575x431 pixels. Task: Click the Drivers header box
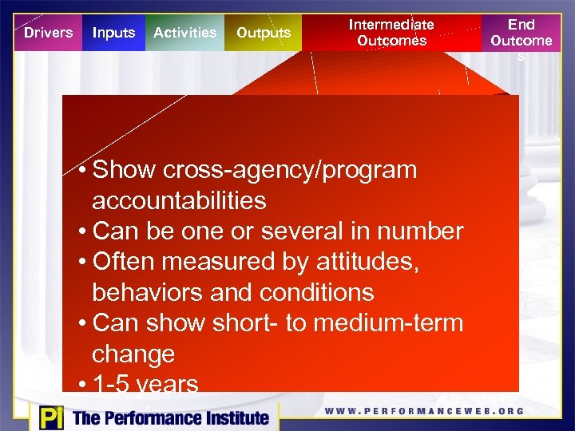pos(48,33)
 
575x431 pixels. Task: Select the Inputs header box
pos(113,33)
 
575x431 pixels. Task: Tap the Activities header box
pos(184,33)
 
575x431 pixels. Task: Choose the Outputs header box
pos(264,33)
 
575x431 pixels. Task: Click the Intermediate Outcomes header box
pos(391,33)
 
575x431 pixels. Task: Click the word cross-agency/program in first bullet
pos(289,170)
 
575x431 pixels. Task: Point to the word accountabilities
pos(179,200)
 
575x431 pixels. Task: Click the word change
pos(133,354)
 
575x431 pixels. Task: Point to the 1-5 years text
pos(145,384)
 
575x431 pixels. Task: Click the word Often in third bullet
pos(125,262)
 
